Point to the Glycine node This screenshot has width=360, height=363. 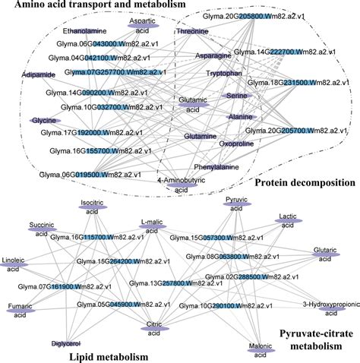pyautogui.click(x=45, y=121)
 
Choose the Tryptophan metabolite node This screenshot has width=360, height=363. pyautogui.click(x=223, y=74)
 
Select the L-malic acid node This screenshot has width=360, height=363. pyautogui.click(x=153, y=226)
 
